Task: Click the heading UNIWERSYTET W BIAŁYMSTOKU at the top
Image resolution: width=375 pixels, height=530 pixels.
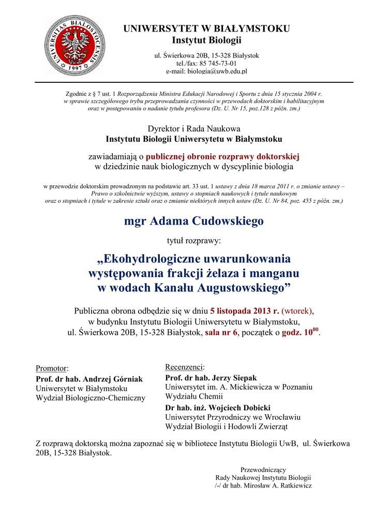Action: click(206, 29)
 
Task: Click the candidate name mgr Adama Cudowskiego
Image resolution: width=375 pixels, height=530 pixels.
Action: click(194, 221)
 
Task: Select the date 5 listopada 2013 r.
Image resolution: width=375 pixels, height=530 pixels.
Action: click(245, 311)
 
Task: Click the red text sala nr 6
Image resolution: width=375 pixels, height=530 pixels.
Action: click(221, 332)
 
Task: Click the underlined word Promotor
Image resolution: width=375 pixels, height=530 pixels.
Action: click(52, 368)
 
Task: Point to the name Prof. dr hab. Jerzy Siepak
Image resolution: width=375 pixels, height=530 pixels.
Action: click(211, 378)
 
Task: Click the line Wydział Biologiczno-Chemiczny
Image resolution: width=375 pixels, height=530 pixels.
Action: click(91, 398)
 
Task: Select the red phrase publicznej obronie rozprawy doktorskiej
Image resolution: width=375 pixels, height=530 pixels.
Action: click(222, 156)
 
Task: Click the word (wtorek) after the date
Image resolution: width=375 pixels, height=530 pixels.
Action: click(297, 311)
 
